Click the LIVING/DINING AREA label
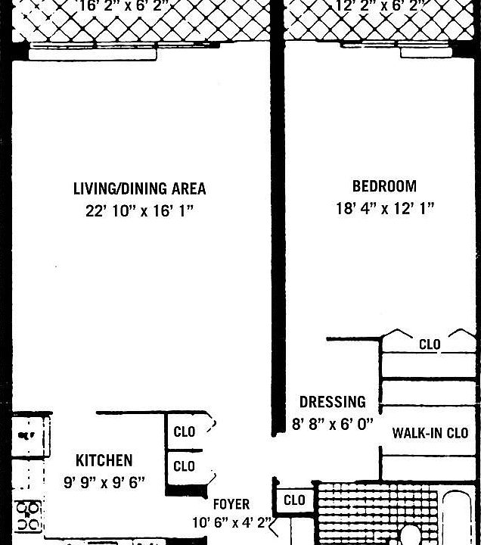(139, 188)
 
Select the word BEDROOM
(383, 186)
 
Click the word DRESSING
(332, 402)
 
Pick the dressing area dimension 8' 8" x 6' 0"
(333, 425)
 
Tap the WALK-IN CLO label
(430, 433)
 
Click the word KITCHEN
(104, 460)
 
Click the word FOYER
(231, 504)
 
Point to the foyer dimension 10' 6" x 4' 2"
(230, 522)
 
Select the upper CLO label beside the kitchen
(185, 432)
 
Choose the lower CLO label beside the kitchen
(185, 466)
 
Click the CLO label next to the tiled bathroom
(294, 500)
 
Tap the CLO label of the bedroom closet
(430, 344)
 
